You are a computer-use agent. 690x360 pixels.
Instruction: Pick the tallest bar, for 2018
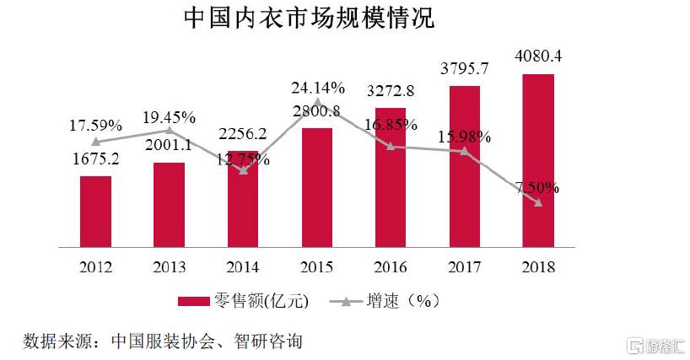[x=537, y=160]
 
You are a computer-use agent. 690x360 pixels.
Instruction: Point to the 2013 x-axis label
[x=169, y=267]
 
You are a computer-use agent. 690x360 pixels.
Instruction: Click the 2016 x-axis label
[x=390, y=267]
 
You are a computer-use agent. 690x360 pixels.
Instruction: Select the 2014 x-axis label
[x=243, y=267]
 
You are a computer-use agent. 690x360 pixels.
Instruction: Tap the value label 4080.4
[x=537, y=57]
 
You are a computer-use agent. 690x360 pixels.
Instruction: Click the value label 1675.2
[x=95, y=158]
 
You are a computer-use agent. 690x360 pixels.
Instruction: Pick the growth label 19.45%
[x=169, y=116]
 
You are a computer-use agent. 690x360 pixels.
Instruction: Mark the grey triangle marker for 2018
[x=538, y=202]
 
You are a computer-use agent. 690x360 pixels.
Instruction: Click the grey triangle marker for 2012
[x=95, y=142]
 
